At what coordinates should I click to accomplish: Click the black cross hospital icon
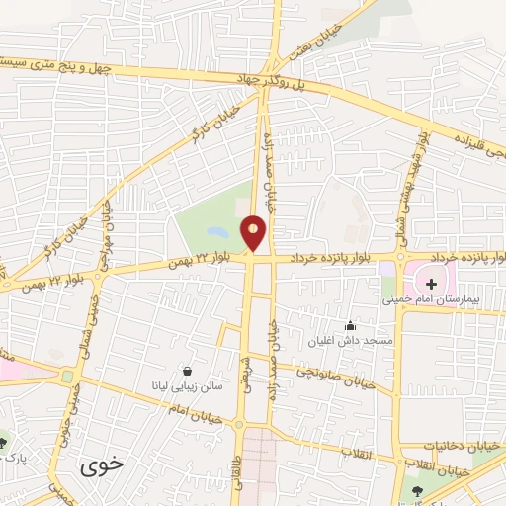(x=431, y=285)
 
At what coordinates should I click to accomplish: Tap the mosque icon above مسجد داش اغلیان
(x=348, y=325)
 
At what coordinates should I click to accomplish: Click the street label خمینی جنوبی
(x=70, y=405)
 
